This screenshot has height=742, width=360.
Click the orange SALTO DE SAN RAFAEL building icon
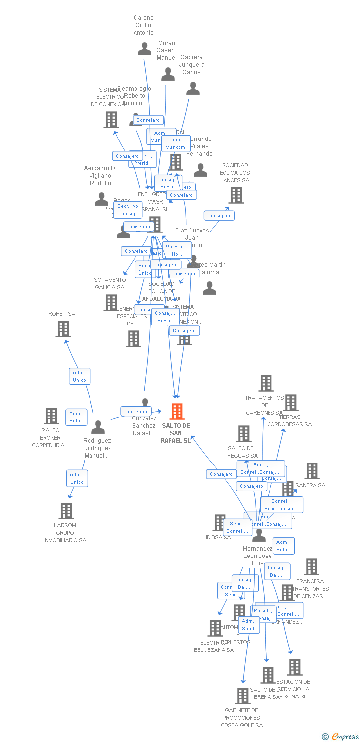coord(177,412)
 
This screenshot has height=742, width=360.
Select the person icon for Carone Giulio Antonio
coord(144,49)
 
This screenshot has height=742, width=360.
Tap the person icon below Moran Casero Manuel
coord(168,74)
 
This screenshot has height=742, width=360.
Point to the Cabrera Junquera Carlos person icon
coord(193,89)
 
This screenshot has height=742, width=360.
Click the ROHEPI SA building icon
coord(63,329)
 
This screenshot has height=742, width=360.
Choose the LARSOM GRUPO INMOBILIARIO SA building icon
coord(66,511)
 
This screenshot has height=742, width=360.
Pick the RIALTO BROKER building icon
coord(51,416)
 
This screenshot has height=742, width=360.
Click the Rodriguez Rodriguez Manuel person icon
coord(98,427)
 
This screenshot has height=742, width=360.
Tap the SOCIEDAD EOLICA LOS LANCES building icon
coord(236,195)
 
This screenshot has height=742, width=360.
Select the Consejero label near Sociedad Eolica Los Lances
coord(219,216)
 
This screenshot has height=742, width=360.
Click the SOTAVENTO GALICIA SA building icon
coord(111,302)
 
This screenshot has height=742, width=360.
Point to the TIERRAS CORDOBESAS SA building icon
coord(290,403)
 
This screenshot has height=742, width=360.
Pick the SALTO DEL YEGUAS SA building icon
coord(243,434)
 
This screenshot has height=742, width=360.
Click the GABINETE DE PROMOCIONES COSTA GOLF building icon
coord(242,696)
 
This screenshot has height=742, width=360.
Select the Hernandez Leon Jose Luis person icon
coord(259,535)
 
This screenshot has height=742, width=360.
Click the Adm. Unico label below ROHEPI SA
coord(80,376)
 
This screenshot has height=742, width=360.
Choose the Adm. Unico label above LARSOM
coord(77,478)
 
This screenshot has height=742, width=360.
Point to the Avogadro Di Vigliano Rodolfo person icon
coord(101,199)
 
